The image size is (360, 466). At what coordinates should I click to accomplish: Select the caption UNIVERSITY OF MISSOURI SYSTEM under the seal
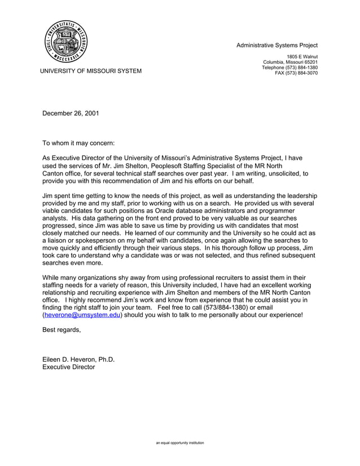pyautogui.click(x=90, y=71)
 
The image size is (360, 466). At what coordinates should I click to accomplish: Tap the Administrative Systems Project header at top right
pyautogui.click(x=276, y=45)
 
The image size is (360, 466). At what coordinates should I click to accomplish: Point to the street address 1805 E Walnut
pyautogui.click(x=302, y=56)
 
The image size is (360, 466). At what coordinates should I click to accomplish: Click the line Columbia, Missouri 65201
pyautogui.click(x=290, y=62)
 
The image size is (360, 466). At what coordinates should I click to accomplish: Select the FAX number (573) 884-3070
pyautogui.click(x=296, y=73)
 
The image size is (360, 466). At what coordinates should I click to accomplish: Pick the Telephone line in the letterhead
pyautogui.click(x=289, y=68)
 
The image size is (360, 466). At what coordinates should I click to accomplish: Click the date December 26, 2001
pyautogui.click(x=71, y=113)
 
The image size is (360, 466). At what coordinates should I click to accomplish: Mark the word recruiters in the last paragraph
pyautogui.click(x=218, y=278)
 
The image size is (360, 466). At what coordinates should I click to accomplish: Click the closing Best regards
pyautogui.click(x=62, y=330)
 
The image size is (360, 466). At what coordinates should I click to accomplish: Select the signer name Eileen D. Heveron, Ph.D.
pyautogui.click(x=78, y=359)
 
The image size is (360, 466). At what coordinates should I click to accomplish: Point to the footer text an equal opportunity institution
pyautogui.click(x=180, y=443)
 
